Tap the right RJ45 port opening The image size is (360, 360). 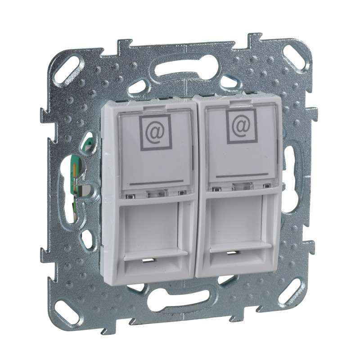(x=241, y=225)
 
